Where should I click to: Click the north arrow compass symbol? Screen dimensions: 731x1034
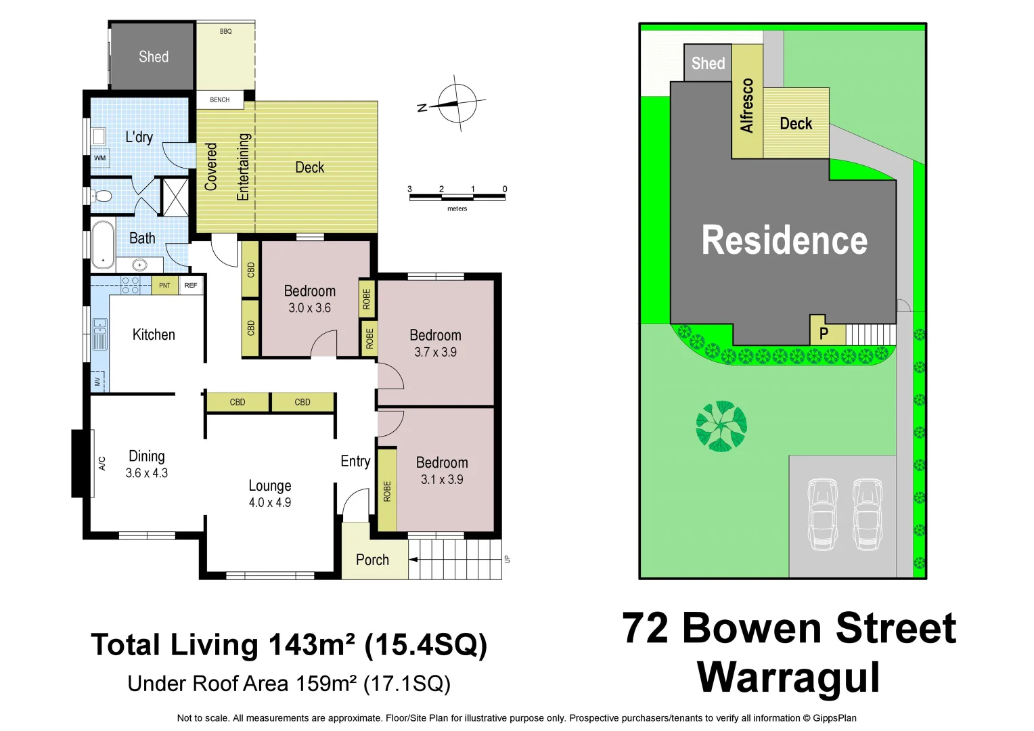click(457, 104)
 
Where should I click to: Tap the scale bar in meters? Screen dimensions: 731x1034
click(457, 197)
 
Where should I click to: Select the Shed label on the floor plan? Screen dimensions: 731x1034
click(154, 57)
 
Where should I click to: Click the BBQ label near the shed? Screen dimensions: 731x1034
click(225, 32)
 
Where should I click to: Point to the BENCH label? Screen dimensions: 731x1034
click(219, 99)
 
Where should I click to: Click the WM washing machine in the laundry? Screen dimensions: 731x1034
click(100, 158)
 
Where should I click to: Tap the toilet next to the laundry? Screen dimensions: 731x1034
click(102, 196)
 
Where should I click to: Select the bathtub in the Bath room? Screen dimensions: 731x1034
click(103, 244)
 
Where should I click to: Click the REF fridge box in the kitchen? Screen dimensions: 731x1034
click(191, 286)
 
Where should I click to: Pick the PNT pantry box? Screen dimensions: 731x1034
click(164, 286)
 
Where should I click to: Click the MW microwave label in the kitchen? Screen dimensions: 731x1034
click(97, 382)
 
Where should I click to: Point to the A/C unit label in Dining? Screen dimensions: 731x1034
click(102, 464)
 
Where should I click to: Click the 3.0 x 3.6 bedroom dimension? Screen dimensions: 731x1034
click(309, 308)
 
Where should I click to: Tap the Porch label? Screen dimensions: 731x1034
click(372, 560)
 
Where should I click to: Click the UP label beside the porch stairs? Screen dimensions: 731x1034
click(507, 559)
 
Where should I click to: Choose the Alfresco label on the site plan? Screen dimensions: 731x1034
click(746, 106)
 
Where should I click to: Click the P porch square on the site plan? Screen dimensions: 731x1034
click(824, 334)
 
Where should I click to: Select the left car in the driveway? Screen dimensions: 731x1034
click(822, 514)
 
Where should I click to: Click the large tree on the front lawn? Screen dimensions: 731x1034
click(721, 426)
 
